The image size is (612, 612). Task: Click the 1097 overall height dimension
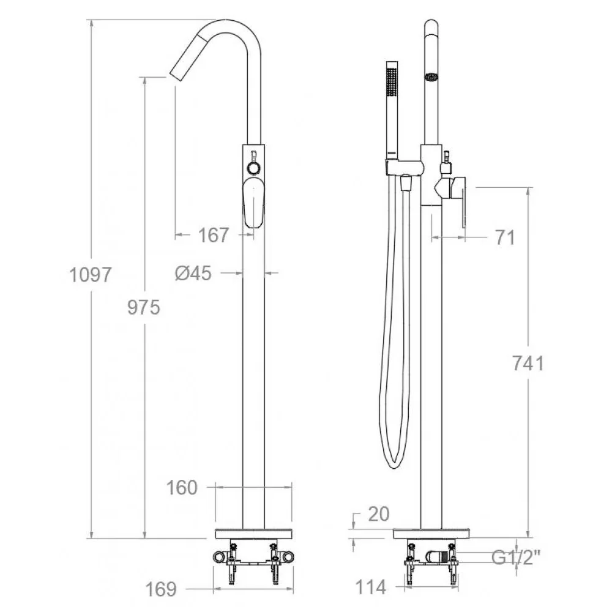tap(91, 274)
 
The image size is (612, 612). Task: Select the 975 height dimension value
tap(144, 308)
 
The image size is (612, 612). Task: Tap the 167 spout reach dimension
tap(214, 235)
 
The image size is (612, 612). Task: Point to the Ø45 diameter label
tap(193, 273)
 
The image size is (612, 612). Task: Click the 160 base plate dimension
tap(182, 488)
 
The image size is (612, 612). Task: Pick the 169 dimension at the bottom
tap(161, 589)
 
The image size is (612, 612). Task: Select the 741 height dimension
tap(528, 364)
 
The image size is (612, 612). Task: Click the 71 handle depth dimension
tap(505, 237)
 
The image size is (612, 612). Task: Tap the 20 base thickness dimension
tap(379, 514)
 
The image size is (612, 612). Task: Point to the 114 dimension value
tap(371, 587)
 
